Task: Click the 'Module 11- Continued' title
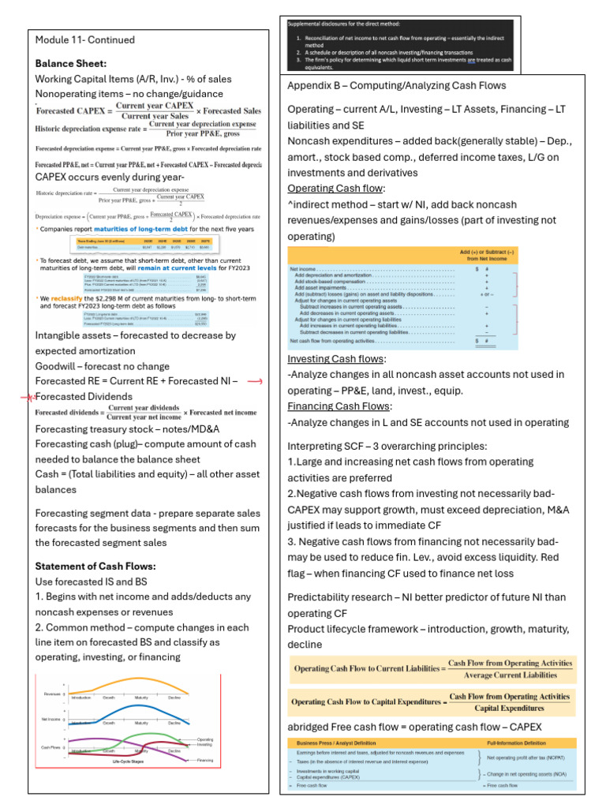click(85, 40)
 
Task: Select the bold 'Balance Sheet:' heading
click(71, 63)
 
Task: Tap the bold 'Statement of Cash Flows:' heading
click(95, 566)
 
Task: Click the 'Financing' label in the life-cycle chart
click(205, 760)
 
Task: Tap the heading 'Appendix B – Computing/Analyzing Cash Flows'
click(397, 85)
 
